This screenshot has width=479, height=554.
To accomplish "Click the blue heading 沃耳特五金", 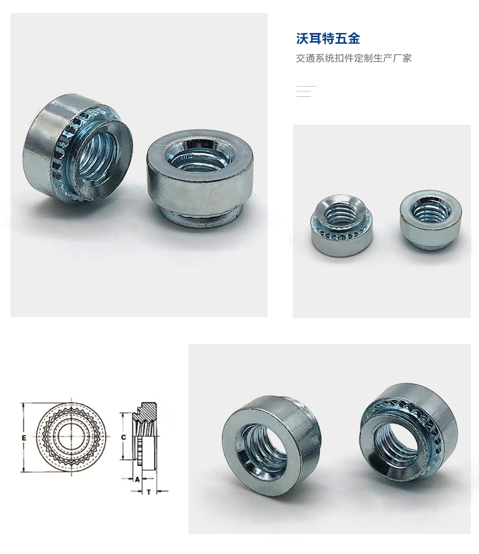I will pyautogui.click(x=328, y=39).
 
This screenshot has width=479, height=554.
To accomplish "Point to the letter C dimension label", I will pyautogui.click(x=123, y=437).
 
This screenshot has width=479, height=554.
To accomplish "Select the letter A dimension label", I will pyautogui.click(x=137, y=479).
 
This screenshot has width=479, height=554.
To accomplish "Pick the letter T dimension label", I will pyautogui.click(x=148, y=492).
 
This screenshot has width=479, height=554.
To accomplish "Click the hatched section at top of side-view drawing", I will pyautogui.click(x=148, y=410).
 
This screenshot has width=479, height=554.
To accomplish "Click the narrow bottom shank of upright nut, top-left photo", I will pyautogui.click(x=199, y=217).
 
